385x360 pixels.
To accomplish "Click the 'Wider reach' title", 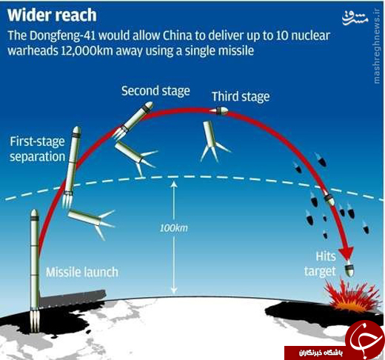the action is (x=52, y=16).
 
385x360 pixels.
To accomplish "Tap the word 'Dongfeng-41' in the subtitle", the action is (x=63, y=36).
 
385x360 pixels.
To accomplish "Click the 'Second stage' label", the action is (x=155, y=91).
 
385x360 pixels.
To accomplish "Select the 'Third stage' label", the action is (x=241, y=96).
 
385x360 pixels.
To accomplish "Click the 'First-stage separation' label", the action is (x=37, y=149).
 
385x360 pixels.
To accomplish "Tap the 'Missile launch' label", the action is (x=82, y=272).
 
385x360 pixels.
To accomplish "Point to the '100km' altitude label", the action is (x=174, y=228).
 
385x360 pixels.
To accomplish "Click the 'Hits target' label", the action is (x=320, y=264).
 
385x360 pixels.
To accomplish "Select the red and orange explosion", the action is (x=352, y=296).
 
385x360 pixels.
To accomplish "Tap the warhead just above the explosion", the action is (x=349, y=269).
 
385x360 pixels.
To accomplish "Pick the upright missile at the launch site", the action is (x=35, y=270).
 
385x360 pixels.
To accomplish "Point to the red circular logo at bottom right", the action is (x=365, y=339).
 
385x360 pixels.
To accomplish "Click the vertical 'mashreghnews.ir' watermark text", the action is (x=377, y=46).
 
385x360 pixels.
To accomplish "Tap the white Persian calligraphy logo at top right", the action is (x=355, y=18).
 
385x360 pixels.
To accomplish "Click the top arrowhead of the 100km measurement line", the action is (x=174, y=184).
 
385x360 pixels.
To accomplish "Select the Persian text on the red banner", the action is (x=321, y=353).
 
